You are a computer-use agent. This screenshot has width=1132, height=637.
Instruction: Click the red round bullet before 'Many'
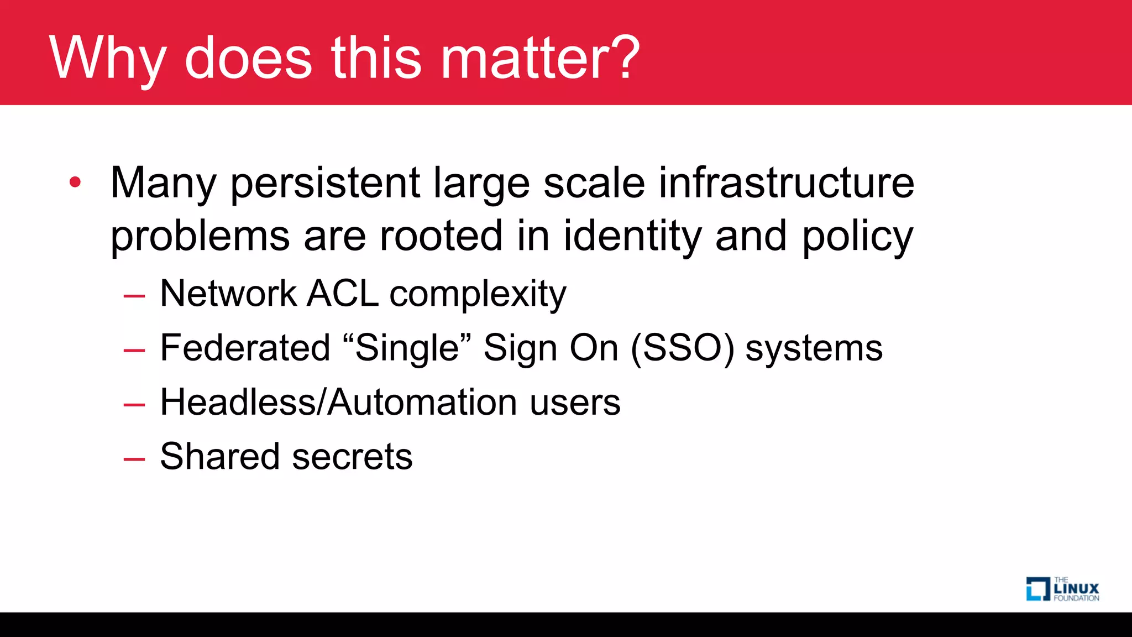click(76, 182)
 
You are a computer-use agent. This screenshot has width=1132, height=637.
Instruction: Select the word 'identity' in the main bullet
click(632, 237)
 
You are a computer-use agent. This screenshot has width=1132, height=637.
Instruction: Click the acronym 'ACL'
click(342, 294)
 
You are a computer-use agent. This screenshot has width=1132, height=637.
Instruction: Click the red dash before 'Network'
click(134, 296)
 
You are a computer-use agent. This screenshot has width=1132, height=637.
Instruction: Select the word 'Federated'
click(245, 348)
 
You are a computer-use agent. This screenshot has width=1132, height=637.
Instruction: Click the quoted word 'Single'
click(407, 348)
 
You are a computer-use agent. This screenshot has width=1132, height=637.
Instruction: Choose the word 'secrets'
click(352, 457)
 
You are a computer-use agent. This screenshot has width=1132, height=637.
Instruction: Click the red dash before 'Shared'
click(134, 459)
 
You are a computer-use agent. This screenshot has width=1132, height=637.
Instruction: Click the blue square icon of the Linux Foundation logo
click(1037, 589)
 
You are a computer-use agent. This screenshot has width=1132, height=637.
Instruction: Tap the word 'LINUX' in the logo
click(1076, 589)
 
